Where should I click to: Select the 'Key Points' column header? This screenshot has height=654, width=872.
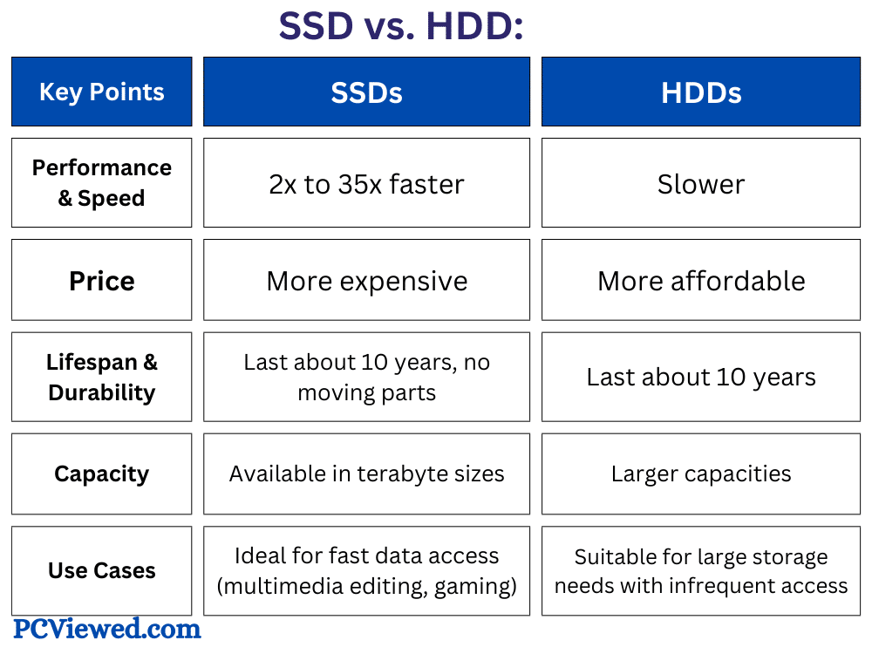[101, 92]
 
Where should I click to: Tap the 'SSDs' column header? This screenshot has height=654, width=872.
[366, 92]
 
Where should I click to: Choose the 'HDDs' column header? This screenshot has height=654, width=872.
[701, 92]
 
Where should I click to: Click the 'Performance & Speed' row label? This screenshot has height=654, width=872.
[101, 183]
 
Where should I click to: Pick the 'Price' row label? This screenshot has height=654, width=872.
[101, 281]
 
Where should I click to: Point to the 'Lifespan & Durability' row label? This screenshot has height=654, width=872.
[101, 377]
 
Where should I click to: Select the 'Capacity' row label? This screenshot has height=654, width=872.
[101, 473]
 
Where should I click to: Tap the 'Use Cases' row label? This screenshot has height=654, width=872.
[101, 571]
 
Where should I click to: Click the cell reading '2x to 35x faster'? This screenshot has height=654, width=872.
[366, 184]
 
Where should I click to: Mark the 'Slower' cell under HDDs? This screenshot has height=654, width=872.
[701, 184]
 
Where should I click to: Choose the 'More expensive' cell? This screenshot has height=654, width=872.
[366, 281]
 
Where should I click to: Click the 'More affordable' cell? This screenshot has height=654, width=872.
[701, 281]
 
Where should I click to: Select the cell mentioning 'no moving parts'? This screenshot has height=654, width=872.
[366, 377]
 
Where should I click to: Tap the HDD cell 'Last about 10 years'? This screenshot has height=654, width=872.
[701, 377]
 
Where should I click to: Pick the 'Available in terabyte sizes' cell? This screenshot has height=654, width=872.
[366, 473]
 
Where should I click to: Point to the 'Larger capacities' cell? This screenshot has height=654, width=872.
[701, 473]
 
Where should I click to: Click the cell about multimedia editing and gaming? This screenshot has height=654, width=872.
[366, 571]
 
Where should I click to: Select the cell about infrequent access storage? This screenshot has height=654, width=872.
[701, 571]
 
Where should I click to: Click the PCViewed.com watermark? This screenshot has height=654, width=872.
[106, 628]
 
